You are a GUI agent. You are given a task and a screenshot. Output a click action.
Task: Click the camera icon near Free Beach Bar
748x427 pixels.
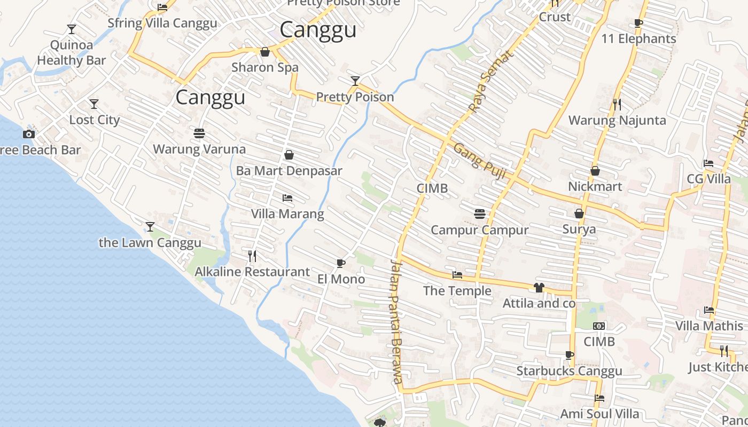click(29, 135)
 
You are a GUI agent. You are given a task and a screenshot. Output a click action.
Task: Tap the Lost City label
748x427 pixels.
click(94, 120)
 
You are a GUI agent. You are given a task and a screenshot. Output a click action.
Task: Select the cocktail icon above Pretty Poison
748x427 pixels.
click(355, 81)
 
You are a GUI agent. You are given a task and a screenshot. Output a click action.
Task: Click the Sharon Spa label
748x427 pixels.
click(265, 68)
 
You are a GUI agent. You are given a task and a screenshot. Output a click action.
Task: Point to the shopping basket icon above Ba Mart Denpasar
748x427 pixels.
click(289, 155)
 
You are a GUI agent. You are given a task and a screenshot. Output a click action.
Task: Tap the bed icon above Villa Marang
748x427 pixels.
click(287, 198)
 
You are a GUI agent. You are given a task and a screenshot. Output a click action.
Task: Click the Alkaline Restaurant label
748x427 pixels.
click(252, 272)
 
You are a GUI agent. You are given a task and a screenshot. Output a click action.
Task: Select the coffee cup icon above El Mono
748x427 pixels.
click(341, 263)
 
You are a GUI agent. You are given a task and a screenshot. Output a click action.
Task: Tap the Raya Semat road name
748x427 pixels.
click(490, 81)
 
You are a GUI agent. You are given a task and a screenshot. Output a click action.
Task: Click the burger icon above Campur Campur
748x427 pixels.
click(480, 214)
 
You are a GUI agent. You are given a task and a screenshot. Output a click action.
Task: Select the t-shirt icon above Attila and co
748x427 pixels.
click(539, 288)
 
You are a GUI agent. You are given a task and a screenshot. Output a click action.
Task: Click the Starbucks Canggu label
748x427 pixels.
click(569, 371)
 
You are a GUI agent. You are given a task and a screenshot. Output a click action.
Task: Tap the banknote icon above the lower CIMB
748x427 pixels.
click(599, 326)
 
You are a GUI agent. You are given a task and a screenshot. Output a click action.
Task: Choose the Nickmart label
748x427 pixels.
click(595, 187)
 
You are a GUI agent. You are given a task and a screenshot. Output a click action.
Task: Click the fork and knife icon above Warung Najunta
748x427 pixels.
click(617, 104)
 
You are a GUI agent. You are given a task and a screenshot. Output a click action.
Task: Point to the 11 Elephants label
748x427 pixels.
click(638, 39)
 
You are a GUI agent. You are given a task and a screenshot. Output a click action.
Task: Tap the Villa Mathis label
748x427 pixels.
click(708, 326)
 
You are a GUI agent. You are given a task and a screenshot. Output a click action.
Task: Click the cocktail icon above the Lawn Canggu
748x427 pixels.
click(150, 227)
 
